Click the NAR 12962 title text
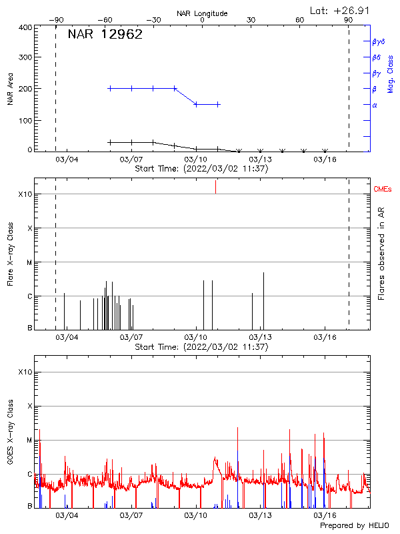105,35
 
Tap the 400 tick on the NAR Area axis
25,27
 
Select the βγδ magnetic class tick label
379,41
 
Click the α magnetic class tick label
375,105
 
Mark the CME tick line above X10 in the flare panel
215,188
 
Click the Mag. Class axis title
390,73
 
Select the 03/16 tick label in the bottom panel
325,515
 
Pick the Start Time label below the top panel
201,169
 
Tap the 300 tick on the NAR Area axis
25,57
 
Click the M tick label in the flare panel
29,262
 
